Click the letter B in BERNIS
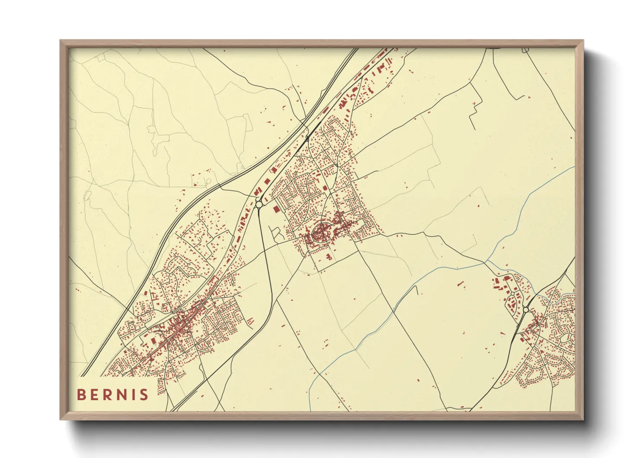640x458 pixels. pyautogui.click(x=81, y=394)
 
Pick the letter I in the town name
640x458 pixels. pyautogui.click(x=136, y=394)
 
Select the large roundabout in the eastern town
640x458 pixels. pyautogui.click(x=526, y=310)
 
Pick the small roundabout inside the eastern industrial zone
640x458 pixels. pyautogui.click(x=512, y=294)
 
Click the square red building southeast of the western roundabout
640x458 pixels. pyautogui.click(x=275, y=209)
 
